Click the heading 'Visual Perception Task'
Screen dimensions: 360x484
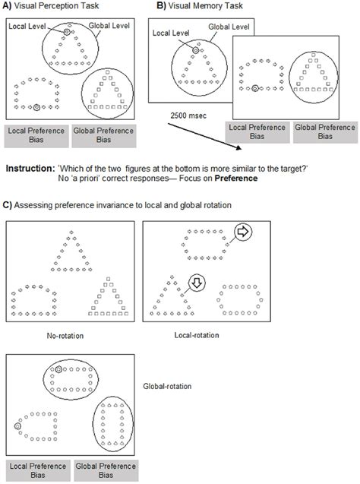point(56,5)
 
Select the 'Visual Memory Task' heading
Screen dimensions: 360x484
point(206,5)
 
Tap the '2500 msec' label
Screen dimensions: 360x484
point(188,115)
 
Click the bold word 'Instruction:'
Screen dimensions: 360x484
point(30,169)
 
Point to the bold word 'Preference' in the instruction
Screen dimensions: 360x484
point(236,178)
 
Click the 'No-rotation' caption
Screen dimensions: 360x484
point(65,336)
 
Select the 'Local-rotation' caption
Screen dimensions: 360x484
point(197,335)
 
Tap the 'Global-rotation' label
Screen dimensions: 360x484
point(167,386)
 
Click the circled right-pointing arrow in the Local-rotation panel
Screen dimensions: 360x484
point(243,232)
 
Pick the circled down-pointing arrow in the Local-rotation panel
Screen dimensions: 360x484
point(197,283)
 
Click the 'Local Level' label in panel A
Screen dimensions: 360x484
point(27,27)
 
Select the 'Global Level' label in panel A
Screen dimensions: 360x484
point(109,26)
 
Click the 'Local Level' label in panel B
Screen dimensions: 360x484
point(171,33)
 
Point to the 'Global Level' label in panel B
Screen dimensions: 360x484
point(229,27)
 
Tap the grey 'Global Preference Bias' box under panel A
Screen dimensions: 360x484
point(104,136)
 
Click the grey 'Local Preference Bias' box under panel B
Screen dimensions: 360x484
point(257,132)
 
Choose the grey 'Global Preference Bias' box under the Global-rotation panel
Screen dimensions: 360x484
point(106,470)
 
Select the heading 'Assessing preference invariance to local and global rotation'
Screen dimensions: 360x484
point(122,205)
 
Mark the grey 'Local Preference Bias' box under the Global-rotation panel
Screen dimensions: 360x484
point(38,470)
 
